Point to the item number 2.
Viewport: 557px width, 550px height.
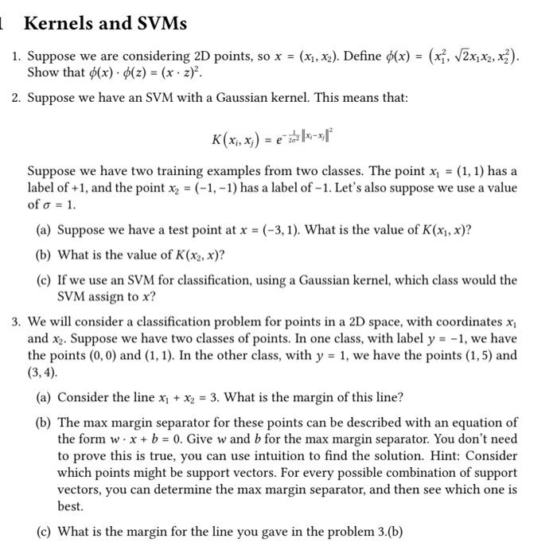pos(16,98)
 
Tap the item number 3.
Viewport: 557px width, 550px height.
pos(16,322)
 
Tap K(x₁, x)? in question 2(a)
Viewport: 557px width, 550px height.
pos(439,231)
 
